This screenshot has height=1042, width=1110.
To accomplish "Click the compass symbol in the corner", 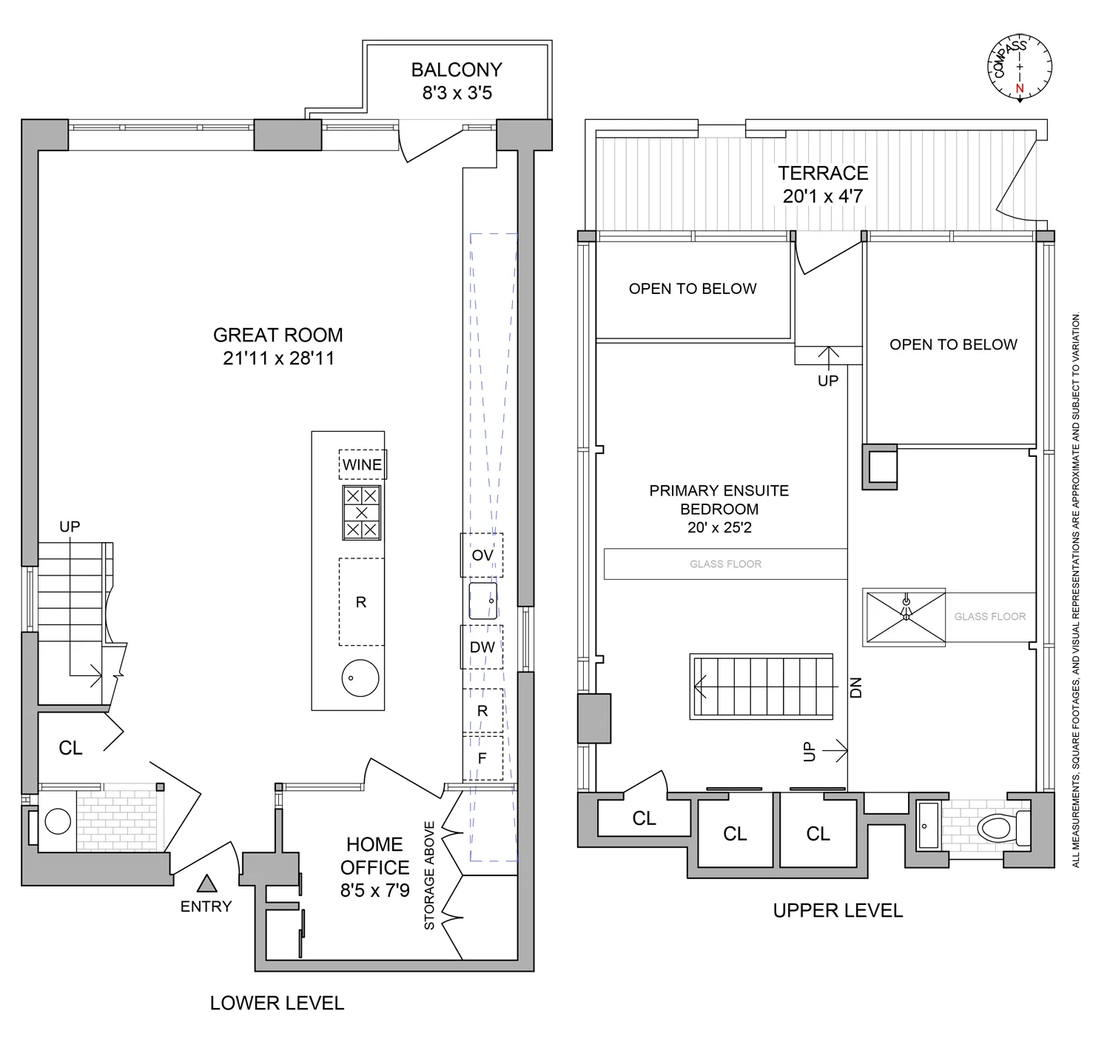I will tap(1020, 67).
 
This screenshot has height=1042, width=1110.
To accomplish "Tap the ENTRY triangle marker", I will tap(206, 884).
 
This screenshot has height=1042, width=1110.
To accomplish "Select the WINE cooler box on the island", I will tap(363, 464).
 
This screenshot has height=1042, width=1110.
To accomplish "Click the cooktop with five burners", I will tap(361, 512).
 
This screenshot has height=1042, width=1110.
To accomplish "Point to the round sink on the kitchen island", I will tap(360, 678).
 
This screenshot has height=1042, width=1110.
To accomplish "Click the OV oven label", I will tap(482, 555).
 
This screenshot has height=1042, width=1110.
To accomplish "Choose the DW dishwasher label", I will tap(482, 647).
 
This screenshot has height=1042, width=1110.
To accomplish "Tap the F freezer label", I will tap(482, 758).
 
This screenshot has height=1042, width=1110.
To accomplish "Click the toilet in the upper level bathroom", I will tap(1003, 827).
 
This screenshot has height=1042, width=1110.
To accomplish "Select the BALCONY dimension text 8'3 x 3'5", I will tap(457, 93).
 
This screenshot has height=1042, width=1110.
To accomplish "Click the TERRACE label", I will tap(823, 173).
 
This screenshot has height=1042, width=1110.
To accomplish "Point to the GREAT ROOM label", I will tap(278, 335).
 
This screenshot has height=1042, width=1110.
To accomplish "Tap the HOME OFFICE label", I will tap(374, 855).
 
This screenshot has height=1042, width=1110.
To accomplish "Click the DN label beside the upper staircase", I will tap(856, 688).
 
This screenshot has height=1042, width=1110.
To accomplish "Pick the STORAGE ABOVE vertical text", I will tap(429, 875).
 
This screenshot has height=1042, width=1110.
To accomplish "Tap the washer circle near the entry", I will tap(58, 821).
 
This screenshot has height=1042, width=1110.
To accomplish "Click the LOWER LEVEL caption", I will tap(277, 1003).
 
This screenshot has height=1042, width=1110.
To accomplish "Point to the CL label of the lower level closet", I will tap(70, 748).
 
